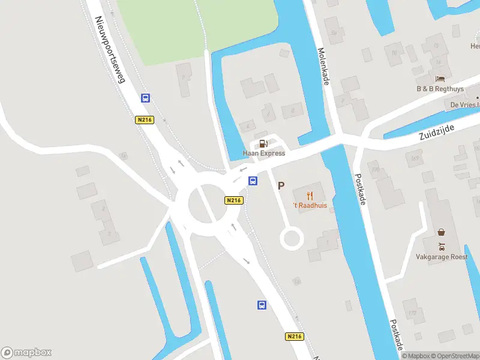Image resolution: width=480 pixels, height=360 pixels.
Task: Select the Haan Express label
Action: (x=264, y=153)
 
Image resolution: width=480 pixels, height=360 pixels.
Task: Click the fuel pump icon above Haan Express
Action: (x=263, y=143)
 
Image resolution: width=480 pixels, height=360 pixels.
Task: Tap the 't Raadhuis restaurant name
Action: (x=310, y=206)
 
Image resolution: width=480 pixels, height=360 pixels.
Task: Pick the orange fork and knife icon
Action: (x=310, y=196)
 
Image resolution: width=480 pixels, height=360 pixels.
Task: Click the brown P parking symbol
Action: (x=281, y=186)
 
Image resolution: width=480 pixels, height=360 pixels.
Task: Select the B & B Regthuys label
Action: (x=440, y=89)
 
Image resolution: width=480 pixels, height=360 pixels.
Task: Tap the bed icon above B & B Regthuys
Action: (x=440, y=79)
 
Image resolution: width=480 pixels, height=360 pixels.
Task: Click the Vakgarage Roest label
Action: (x=442, y=256)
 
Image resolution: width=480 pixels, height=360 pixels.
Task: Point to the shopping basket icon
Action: (x=442, y=232)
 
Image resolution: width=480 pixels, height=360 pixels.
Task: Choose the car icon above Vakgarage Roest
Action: (x=442, y=245)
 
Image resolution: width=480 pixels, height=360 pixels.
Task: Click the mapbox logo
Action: (x=26, y=353)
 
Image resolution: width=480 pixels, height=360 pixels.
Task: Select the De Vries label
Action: (x=465, y=104)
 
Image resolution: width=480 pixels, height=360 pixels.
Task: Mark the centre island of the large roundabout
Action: (x=206, y=204)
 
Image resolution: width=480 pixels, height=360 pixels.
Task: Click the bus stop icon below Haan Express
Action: (x=253, y=181)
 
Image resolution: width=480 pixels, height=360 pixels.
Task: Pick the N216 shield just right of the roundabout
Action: (x=234, y=200)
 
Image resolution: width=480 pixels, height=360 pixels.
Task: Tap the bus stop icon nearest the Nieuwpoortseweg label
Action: (x=145, y=98)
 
